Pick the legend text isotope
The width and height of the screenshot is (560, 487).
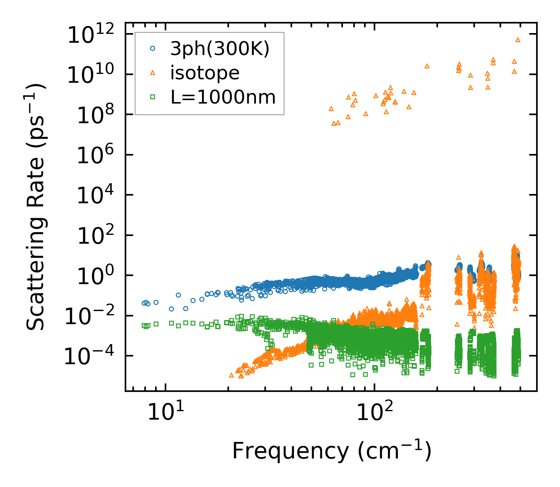pos(205,73)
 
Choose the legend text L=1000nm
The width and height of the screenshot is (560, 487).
pos(223,97)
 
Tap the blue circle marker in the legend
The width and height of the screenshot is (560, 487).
pos(153,49)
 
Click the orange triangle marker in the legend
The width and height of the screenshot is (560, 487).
pos(153,73)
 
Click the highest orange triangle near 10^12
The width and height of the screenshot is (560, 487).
pos(518,40)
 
